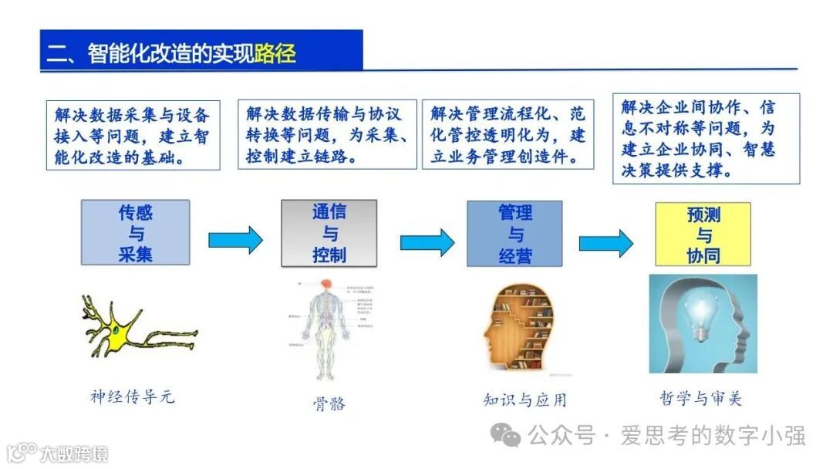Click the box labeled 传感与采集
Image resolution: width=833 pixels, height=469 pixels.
coord(136,233)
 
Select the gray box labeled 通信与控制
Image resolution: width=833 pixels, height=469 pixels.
coord(329,233)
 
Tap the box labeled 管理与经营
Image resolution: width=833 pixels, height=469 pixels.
coord(514,234)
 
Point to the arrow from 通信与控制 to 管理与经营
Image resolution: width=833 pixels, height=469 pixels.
coord(427,241)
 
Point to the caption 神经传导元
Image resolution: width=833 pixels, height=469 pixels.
coord(132,396)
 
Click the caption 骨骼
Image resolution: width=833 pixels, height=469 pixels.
coord(329,403)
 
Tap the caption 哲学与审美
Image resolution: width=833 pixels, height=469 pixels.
coord(701,398)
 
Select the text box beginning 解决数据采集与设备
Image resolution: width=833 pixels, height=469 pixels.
coord(132,136)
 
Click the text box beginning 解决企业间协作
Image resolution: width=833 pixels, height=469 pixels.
coord(706,139)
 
